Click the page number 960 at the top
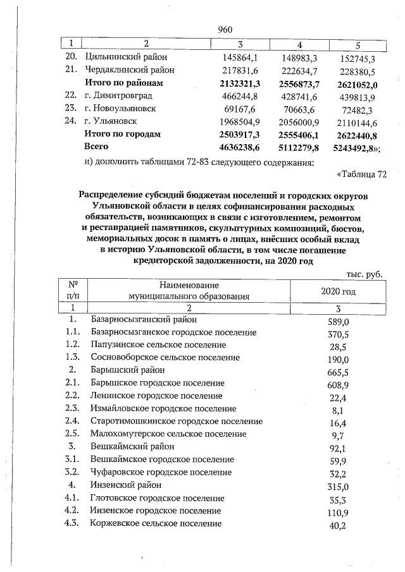[225, 29]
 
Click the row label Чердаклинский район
[130, 70]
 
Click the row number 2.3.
[72, 409]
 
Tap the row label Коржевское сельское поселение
[156, 523]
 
